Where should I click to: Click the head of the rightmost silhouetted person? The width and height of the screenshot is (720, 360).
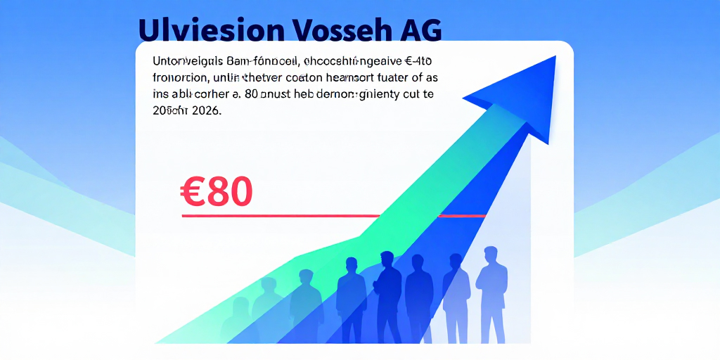pyautogui.click(x=491, y=254)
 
